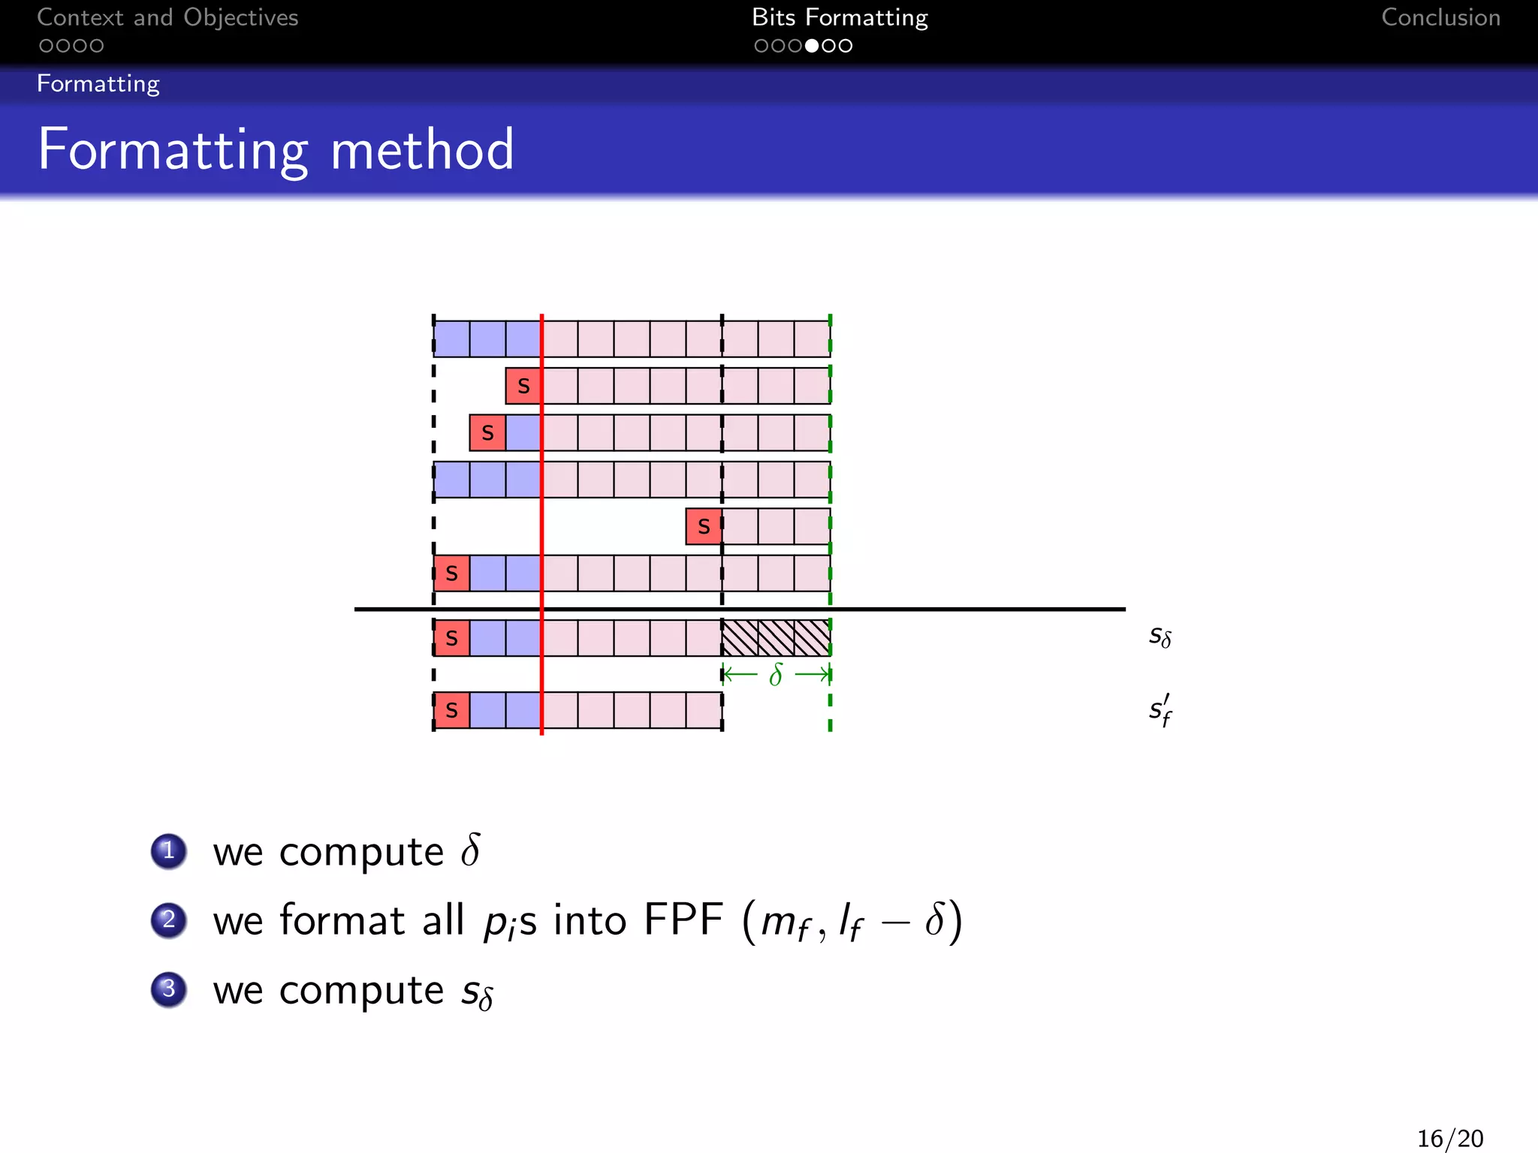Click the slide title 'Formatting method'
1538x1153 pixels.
tap(276, 150)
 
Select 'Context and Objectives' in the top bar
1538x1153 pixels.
tap(167, 17)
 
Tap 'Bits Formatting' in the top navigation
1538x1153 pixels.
tap(840, 17)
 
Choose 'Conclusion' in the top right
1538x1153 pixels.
tap(1440, 17)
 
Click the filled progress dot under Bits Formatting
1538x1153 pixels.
tap(812, 46)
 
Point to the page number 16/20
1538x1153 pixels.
tap(1449, 1138)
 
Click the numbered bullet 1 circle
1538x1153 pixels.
tap(169, 850)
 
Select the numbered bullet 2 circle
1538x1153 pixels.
tap(169, 920)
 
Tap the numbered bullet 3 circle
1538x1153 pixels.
tap(169, 989)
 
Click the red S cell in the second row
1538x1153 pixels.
tap(523, 386)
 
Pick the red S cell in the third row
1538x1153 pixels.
tap(487, 432)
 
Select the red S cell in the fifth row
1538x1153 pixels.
tap(704, 526)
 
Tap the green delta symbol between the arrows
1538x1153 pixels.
tap(776, 675)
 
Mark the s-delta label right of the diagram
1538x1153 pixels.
tap(1160, 637)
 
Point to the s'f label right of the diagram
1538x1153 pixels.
tap(1160, 709)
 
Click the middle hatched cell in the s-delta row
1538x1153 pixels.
tap(776, 638)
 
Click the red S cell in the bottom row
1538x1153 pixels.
tap(451, 710)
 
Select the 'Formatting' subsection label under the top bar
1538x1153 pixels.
tap(98, 83)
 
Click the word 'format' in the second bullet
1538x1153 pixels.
tap(342, 920)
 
